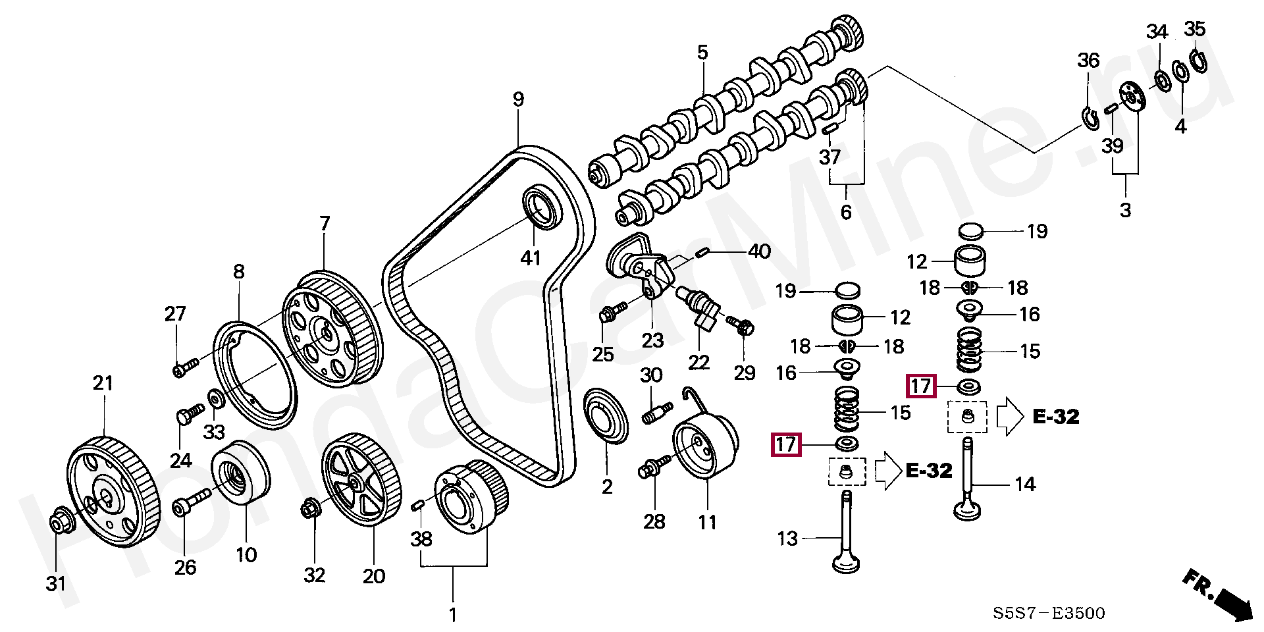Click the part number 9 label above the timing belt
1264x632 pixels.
[x=519, y=99]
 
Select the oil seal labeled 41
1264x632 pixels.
[x=543, y=207]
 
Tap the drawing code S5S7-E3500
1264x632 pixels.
[x=1049, y=613]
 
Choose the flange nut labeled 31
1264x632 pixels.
[x=62, y=519]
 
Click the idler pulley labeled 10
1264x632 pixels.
[x=240, y=473]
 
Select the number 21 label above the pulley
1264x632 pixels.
[x=103, y=382]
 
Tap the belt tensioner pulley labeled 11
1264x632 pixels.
[x=705, y=446]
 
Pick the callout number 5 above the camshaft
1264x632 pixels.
[x=702, y=52]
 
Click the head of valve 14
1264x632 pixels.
[x=968, y=509]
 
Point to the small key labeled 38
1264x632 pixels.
[x=417, y=505]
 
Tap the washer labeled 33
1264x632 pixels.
[x=215, y=398]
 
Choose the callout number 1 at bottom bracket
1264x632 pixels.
[x=453, y=616]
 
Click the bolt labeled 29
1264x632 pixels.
[x=741, y=325]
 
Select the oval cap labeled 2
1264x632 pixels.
[x=607, y=416]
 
